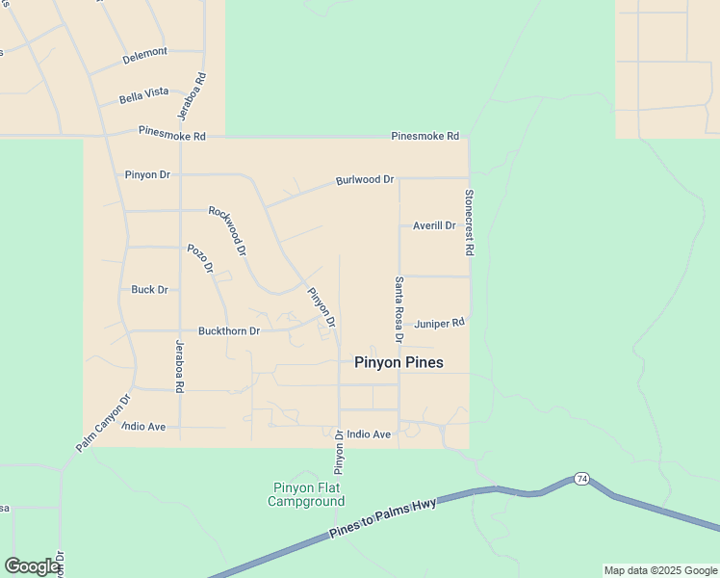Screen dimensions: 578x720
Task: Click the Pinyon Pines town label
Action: coord(399,362)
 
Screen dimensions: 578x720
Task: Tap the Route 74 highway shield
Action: coord(581,478)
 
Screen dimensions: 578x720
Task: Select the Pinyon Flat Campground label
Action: coord(306,494)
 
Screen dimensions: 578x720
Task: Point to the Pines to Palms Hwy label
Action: coord(383,518)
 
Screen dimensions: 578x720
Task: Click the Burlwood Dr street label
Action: coord(365,180)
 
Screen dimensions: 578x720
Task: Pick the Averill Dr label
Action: coord(433,225)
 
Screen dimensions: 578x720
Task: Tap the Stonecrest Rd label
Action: coord(469,222)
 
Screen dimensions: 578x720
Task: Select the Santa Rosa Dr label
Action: coord(398,309)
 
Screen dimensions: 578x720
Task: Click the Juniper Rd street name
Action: coord(439,324)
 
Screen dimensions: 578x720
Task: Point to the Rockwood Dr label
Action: coord(228,230)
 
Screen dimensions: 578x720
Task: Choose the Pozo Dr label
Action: coord(199,259)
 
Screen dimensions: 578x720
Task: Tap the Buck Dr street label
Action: coord(149,289)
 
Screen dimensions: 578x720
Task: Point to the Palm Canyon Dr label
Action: coord(102,424)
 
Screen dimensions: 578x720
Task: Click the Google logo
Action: coord(32,566)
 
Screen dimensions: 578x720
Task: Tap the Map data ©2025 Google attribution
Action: coord(660,570)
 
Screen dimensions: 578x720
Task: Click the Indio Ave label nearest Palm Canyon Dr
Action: coord(144,426)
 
